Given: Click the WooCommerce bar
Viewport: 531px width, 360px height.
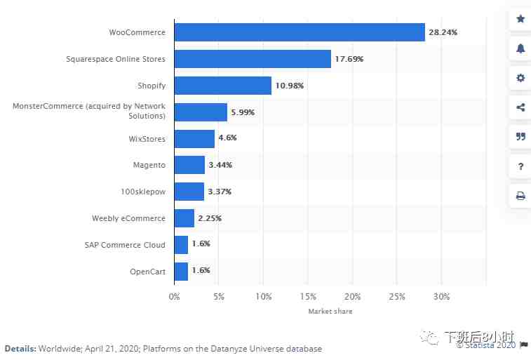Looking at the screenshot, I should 300,32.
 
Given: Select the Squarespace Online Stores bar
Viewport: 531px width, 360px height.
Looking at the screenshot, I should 253,59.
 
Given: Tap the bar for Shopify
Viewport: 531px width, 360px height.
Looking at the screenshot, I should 222,86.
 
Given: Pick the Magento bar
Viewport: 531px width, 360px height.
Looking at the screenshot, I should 189,165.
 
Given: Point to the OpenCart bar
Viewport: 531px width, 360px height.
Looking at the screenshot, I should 181,271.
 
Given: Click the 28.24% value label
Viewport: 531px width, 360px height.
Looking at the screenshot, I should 445,32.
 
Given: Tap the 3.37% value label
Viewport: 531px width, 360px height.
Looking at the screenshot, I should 220,192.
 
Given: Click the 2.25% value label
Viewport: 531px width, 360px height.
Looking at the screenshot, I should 210,218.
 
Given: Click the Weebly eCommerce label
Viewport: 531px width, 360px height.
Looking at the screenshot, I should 128,218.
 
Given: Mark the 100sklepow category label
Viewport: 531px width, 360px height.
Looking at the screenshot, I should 143,192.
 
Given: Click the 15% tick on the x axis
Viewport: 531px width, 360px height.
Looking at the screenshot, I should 308,296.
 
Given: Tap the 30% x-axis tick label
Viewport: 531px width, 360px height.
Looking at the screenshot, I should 441,296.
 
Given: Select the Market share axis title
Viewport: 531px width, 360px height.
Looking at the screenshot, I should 330,311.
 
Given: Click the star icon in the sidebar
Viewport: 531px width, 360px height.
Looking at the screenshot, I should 520,19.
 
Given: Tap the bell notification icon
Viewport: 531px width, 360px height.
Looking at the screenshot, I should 520,48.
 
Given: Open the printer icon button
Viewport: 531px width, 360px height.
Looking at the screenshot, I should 520,196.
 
